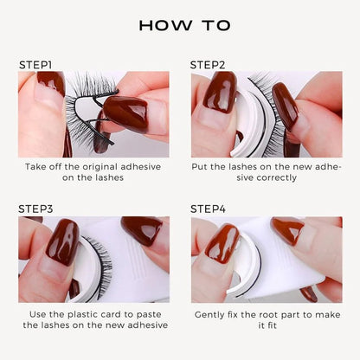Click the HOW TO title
click(x=179, y=25)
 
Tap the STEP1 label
click(x=35, y=65)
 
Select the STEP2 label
click(x=207, y=65)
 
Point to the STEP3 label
click(x=35, y=209)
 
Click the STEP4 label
click(x=208, y=209)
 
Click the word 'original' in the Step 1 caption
click(x=105, y=165)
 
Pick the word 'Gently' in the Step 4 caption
click(x=215, y=312)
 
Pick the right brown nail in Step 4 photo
click(x=287, y=230)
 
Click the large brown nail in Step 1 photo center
click(x=124, y=112)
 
